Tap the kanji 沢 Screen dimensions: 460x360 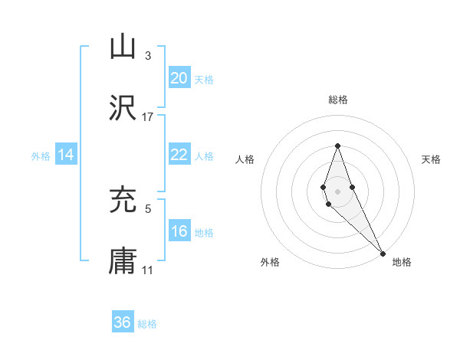pos(123,109)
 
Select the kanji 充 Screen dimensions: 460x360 pos(123,201)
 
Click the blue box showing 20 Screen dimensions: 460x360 pos(179,78)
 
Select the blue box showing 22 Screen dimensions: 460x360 pos(179,155)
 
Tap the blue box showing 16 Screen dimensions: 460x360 pos(179,231)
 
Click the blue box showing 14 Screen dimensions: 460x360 pos(66,155)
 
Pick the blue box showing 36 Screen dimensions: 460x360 pos(123,322)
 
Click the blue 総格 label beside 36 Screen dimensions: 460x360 pos(147,324)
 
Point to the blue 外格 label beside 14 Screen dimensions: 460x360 pos(41,156)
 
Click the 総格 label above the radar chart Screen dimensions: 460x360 pos(337,100)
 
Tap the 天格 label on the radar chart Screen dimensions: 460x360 pos(431,159)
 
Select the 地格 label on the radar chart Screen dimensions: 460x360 pos(402,262)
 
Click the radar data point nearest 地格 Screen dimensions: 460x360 pos(383,253)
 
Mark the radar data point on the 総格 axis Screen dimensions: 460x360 pos(337,146)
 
